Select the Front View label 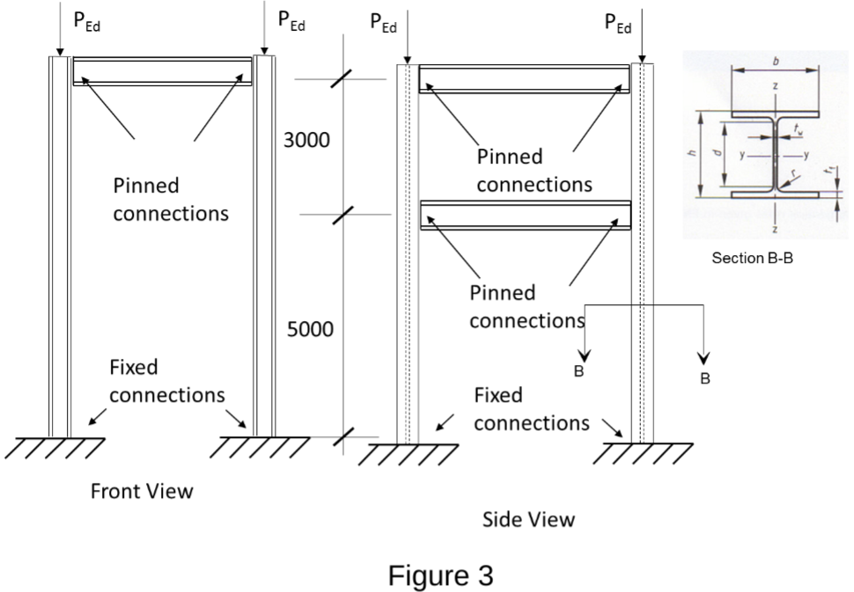(x=142, y=491)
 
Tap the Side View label (x=528, y=519)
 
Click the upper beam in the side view (x=524, y=78)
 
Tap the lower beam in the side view (x=526, y=216)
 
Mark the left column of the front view (x=58, y=246)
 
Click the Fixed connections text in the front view (x=166, y=381)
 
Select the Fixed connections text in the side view (x=531, y=409)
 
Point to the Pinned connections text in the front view (x=171, y=200)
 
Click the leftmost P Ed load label (x=85, y=23)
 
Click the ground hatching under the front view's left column (x=55, y=448)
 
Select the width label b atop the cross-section (x=775, y=62)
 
